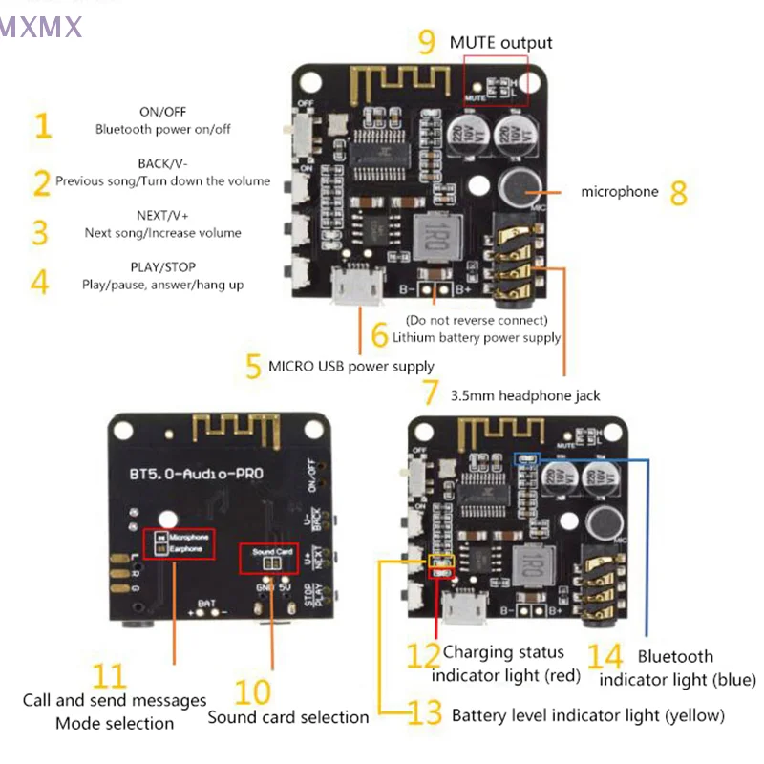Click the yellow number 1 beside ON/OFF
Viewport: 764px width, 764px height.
click(x=41, y=125)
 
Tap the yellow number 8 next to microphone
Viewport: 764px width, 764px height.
click(x=679, y=192)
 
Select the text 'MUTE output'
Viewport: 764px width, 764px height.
click(x=500, y=42)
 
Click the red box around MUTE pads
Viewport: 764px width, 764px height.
click(x=496, y=77)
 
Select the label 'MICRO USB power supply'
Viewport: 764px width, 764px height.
click(x=350, y=366)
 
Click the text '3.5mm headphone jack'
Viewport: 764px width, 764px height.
click(x=525, y=394)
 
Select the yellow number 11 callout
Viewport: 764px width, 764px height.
click(x=110, y=676)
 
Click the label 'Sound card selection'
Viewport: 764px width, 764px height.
click(x=287, y=716)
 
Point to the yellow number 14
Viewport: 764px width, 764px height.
click(x=605, y=657)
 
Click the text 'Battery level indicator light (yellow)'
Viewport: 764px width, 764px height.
click(x=587, y=715)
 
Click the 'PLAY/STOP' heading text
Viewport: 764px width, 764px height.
click(x=162, y=267)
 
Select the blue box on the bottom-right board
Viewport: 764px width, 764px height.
click(x=526, y=458)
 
